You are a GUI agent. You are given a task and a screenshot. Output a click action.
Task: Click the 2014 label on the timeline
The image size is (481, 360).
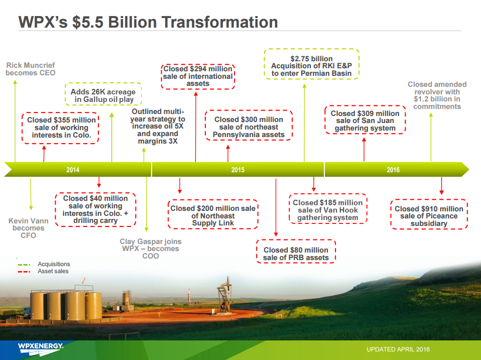[73, 170]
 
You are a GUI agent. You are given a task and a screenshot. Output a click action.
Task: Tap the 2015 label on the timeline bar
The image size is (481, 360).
[238, 170]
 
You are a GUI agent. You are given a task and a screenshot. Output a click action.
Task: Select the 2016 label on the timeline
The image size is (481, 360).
[393, 170]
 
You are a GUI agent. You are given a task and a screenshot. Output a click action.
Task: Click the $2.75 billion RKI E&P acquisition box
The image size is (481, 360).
[311, 64]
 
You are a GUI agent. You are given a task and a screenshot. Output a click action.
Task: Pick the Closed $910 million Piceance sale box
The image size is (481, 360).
[429, 214]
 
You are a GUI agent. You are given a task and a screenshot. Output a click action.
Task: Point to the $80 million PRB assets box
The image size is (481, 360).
[296, 252]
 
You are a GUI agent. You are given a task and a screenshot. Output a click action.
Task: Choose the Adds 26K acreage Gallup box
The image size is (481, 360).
[103, 94]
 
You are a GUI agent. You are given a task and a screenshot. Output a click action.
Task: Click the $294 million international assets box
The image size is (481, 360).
[198, 77]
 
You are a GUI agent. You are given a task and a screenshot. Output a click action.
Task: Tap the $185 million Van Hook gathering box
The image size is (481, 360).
[328, 208]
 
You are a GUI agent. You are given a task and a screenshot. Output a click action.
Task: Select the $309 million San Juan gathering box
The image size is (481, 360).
[365, 120]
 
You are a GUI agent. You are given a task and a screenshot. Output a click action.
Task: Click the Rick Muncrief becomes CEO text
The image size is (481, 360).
[30, 69]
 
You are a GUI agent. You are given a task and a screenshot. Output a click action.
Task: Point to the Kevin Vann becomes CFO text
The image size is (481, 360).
[28, 228]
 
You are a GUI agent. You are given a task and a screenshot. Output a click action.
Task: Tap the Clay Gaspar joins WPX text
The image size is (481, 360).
[150, 249]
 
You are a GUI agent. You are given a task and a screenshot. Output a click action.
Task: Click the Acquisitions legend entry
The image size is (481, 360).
[44, 264]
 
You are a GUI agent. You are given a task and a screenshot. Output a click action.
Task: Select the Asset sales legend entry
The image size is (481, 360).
[43, 271]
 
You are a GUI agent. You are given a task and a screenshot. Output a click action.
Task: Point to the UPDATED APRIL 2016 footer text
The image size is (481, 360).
[398, 349]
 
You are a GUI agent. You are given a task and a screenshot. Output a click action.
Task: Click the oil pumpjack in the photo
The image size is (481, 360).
[225, 295]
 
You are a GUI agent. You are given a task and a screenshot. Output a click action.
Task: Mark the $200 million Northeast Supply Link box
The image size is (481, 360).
[213, 214]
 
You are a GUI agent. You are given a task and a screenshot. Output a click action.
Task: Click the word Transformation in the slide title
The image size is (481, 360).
[219, 22]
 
